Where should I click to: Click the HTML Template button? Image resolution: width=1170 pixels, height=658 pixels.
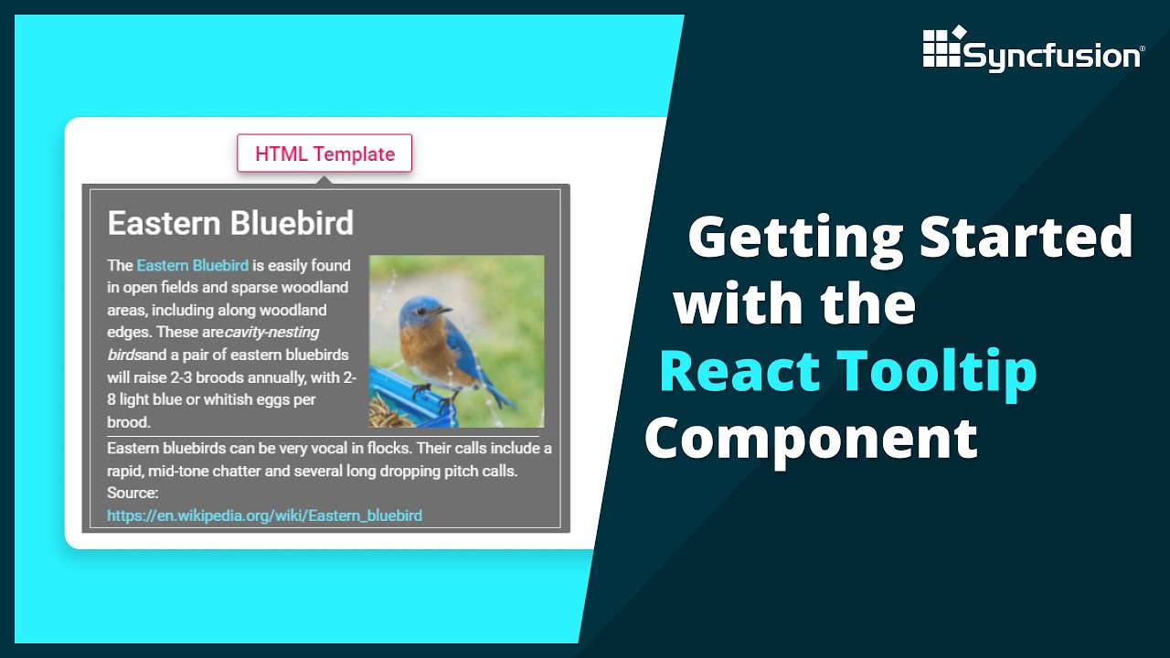[324, 154]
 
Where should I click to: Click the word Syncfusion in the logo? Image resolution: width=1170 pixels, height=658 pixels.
[1052, 57]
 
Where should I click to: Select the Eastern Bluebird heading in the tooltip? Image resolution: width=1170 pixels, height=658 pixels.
[230, 223]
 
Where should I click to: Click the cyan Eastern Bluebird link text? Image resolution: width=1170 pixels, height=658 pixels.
[192, 266]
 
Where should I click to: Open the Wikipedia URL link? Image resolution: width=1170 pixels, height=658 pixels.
[264, 515]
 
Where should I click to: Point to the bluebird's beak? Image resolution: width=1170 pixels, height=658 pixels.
[445, 311]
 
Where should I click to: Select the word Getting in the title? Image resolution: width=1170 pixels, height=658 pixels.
[794, 237]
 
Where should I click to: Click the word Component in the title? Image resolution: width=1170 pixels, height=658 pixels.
[811, 439]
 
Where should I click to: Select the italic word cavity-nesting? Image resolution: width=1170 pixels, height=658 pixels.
[272, 333]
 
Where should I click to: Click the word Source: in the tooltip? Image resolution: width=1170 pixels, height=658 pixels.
[133, 493]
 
